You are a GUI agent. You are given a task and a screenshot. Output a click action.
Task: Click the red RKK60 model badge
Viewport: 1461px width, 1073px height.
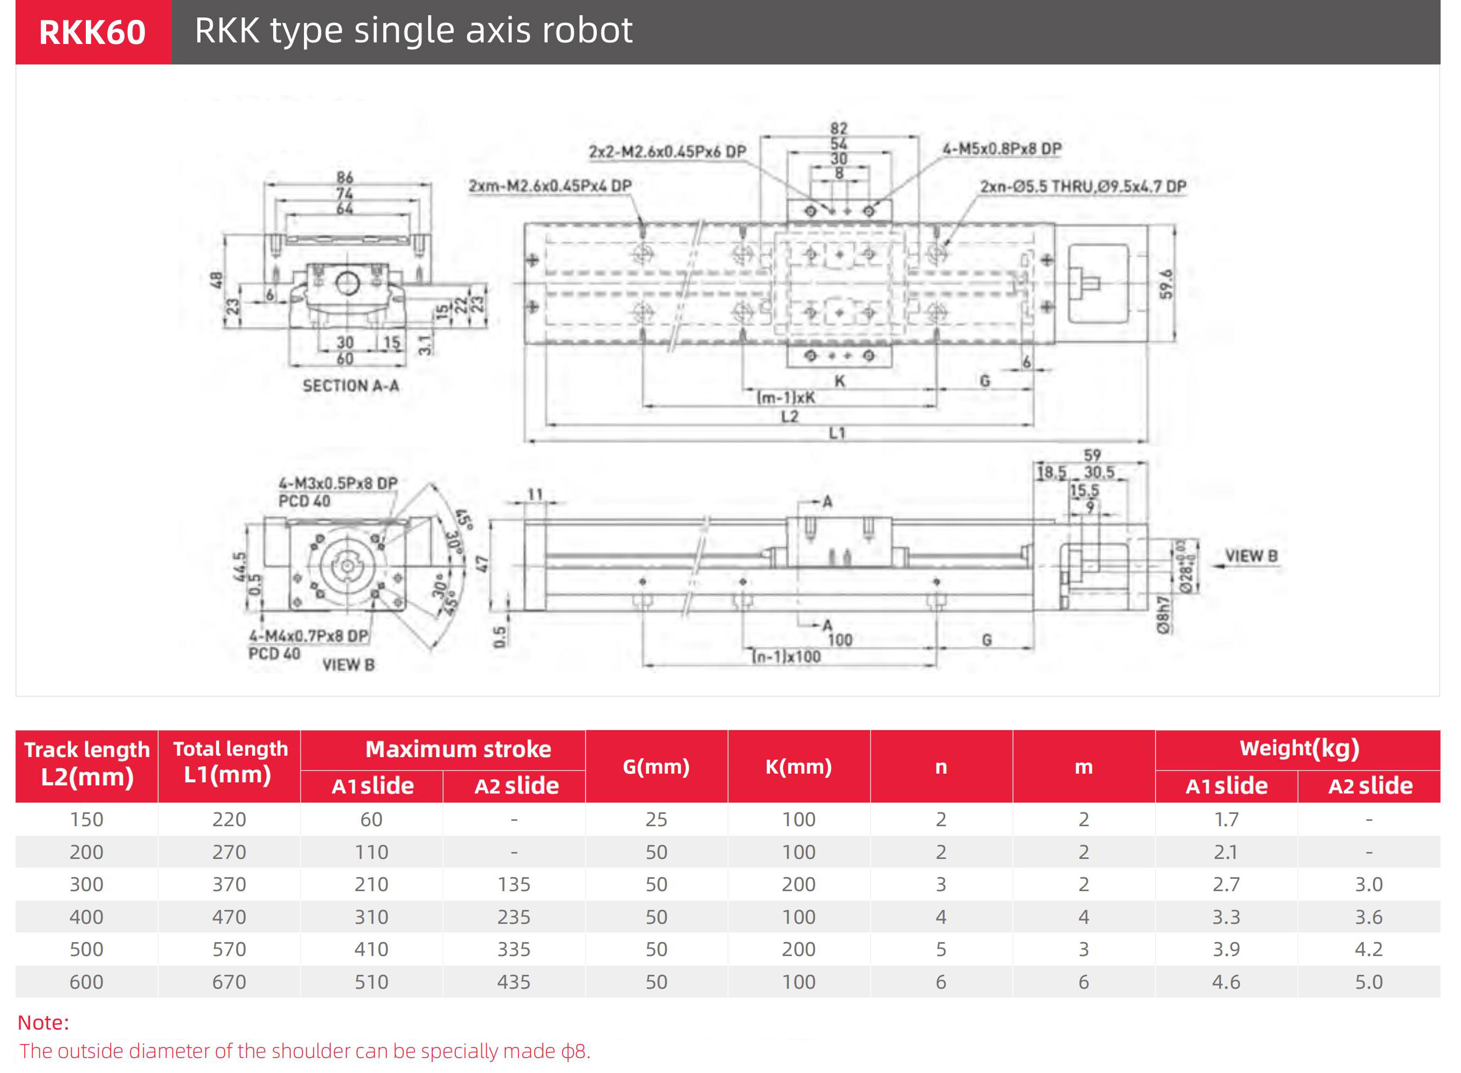tap(92, 32)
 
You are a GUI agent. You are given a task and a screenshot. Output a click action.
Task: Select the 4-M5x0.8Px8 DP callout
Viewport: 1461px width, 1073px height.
tap(1001, 149)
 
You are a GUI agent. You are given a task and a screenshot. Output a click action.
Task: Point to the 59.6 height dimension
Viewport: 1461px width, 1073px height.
tap(1167, 284)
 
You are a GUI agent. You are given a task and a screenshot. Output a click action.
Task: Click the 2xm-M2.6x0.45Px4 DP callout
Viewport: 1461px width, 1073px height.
tap(550, 186)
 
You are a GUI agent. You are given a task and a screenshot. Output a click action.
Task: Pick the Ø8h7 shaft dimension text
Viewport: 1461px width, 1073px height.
tap(1162, 614)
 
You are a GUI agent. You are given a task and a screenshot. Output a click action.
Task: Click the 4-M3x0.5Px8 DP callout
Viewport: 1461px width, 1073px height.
tap(338, 484)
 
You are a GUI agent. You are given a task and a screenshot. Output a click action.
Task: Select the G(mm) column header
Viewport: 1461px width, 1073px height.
tap(655, 767)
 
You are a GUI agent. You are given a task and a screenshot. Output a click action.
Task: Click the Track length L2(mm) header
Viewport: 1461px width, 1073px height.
tap(87, 764)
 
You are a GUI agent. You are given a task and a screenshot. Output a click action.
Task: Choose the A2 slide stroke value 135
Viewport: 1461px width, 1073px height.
tap(513, 884)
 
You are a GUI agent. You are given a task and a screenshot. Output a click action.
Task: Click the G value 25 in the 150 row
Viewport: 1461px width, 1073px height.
tap(655, 819)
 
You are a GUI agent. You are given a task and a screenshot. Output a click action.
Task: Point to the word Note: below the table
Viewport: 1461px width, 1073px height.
tap(43, 1023)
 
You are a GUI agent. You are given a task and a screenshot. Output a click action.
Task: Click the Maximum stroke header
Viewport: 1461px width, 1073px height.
tap(458, 749)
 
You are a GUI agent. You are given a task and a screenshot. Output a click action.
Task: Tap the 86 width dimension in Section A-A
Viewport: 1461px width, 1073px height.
tap(345, 178)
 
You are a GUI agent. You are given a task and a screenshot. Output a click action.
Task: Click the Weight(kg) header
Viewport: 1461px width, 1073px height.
tap(1298, 748)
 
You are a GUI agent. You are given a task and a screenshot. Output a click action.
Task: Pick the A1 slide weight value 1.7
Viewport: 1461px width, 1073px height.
tap(1225, 819)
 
